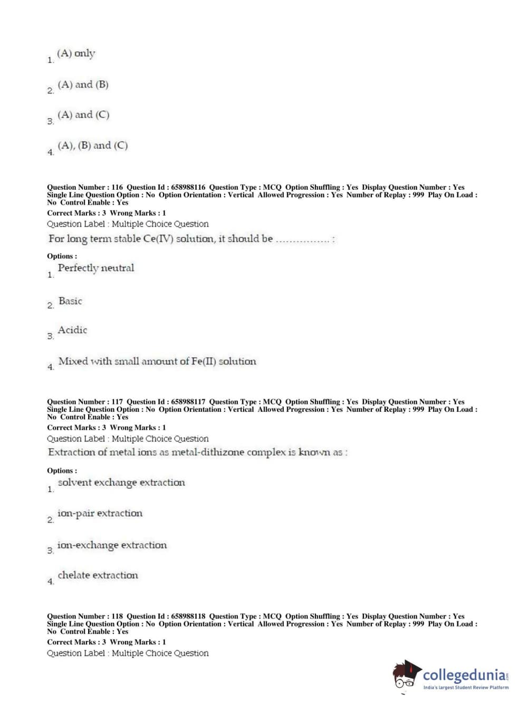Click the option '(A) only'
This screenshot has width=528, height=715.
point(76,53)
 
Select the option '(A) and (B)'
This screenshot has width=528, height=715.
point(83,84)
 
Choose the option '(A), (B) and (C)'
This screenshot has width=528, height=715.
point(92,146)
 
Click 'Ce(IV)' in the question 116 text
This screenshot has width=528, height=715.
point(157,239)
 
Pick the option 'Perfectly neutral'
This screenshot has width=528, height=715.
point(95,268)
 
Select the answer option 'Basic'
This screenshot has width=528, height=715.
point(70,301)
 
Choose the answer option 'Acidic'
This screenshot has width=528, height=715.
point(72,330)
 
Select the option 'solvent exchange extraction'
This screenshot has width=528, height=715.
point(121,482)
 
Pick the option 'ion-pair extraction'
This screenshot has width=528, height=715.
point(100,514)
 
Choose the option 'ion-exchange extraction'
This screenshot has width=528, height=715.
point(112,545)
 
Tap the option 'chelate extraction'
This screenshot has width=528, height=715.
point(98,575)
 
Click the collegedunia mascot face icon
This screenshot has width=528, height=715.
point(406,675)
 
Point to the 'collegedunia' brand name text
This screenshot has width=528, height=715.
point(464,675)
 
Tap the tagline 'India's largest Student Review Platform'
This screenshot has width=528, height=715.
point(466,688)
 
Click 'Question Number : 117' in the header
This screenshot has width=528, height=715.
point(84,402)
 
